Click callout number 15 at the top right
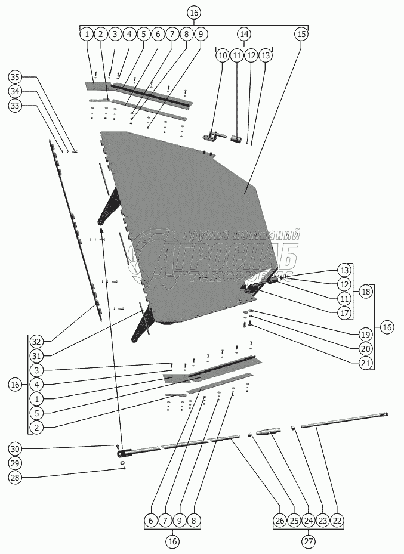point(301,34)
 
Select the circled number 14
point(243,34)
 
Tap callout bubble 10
point(222,55)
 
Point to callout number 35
point(16,77)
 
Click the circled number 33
point(16,106)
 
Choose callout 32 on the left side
point(37,342)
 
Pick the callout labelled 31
point(37,356)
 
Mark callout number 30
point(16,449)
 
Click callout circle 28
point(16,478)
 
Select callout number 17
point(344,313)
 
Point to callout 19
point(365,334)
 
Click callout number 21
point(365,363)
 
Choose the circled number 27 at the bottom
point(308,542)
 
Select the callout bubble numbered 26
point(279,521)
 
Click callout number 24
point(308,521)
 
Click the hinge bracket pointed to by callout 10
point(211,137)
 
